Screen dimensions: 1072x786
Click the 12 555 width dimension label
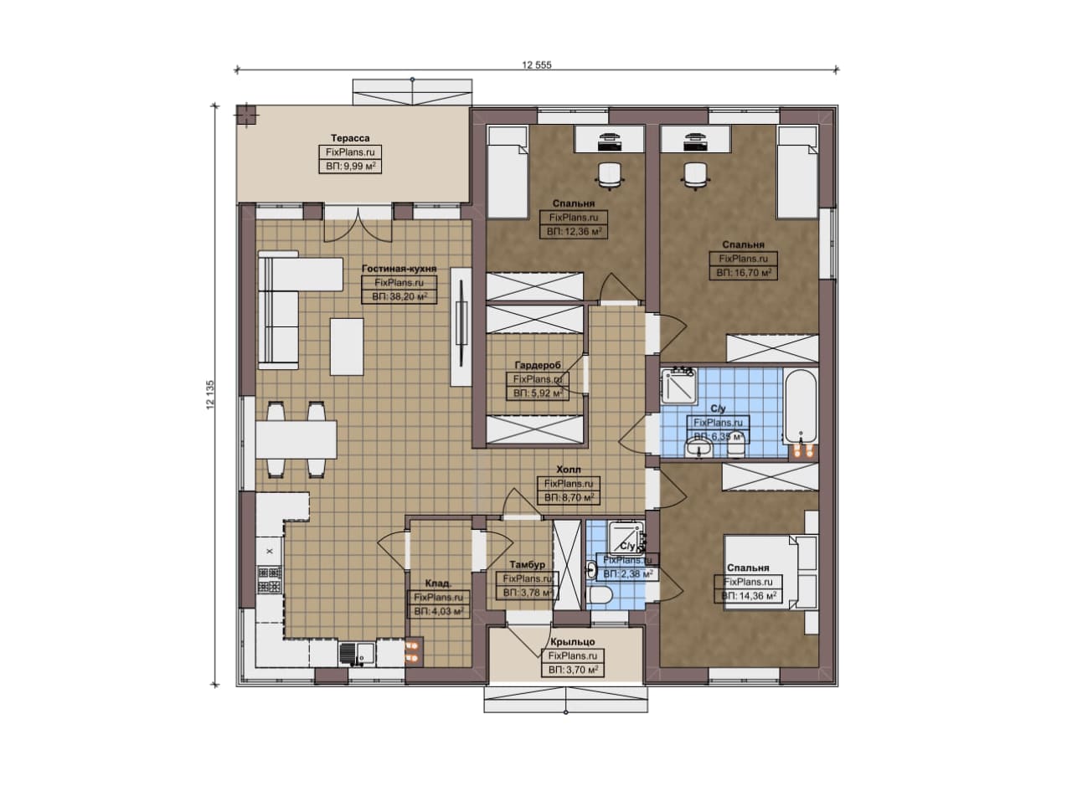(537, 65)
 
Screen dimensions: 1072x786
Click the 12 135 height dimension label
(210, 395)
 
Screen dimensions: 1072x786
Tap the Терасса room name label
(350, 138)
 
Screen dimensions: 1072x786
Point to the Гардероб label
(538, 365)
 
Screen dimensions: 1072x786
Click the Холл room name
(569, 470)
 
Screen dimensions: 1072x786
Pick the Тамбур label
(527, 565)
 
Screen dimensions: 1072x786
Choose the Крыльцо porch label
(572, 642)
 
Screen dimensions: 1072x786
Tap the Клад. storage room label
(438, 583)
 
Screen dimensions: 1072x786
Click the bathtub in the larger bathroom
(801, 406)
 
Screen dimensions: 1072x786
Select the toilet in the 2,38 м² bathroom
(600, 596)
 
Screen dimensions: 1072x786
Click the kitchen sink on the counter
(358, 654)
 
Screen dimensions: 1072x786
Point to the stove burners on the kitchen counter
(270, 579)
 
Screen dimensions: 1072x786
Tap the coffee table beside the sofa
(347, 347)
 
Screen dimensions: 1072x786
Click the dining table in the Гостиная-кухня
(296, 439)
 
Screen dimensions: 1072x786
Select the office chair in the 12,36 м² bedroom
(610, 176)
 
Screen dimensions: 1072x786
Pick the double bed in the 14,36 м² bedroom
(771, 573)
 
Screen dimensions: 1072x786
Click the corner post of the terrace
(246, 116)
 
